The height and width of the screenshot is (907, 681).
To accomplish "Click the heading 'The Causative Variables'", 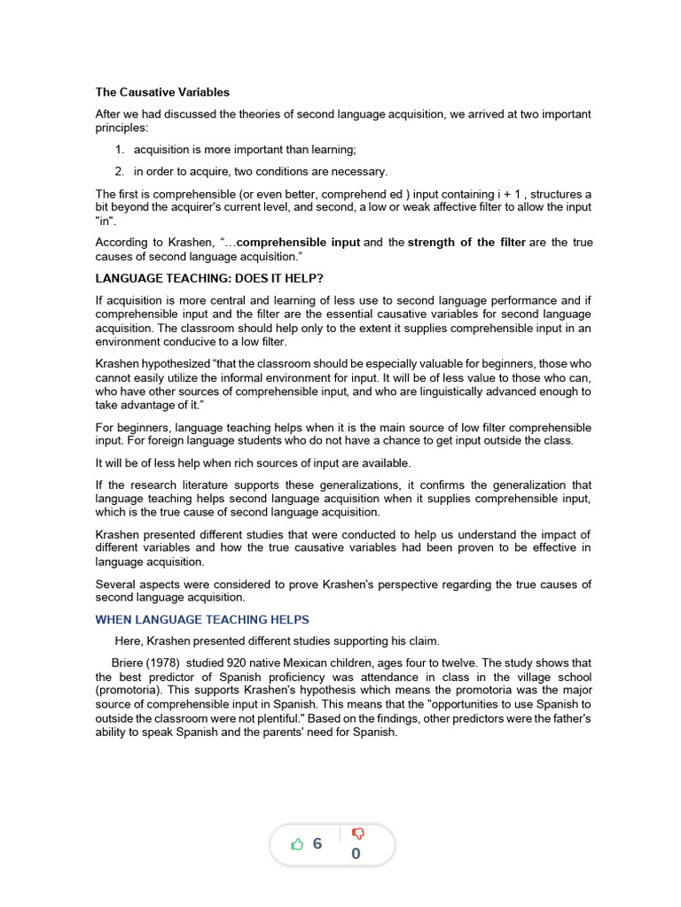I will tap(162, 91).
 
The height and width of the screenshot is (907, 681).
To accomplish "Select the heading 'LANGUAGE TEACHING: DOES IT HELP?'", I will tap(209, 277).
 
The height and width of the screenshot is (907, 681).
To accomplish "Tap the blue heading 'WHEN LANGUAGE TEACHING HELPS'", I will tap(202, 619).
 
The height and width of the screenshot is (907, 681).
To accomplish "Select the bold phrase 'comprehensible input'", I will tap(299, 243).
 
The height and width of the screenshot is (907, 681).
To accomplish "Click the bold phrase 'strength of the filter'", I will tap(466, 243).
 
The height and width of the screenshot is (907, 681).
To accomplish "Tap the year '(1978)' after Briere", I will tap(166, 663).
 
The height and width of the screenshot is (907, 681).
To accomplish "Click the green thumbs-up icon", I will tap(297, 844).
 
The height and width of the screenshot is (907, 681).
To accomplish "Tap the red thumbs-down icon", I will tap(357, 833).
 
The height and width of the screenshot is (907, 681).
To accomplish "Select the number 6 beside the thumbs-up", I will tap(317, 844).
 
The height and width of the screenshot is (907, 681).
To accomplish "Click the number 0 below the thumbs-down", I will tap(356, 855).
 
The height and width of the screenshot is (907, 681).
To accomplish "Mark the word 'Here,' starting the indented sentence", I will tap(129, 640).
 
